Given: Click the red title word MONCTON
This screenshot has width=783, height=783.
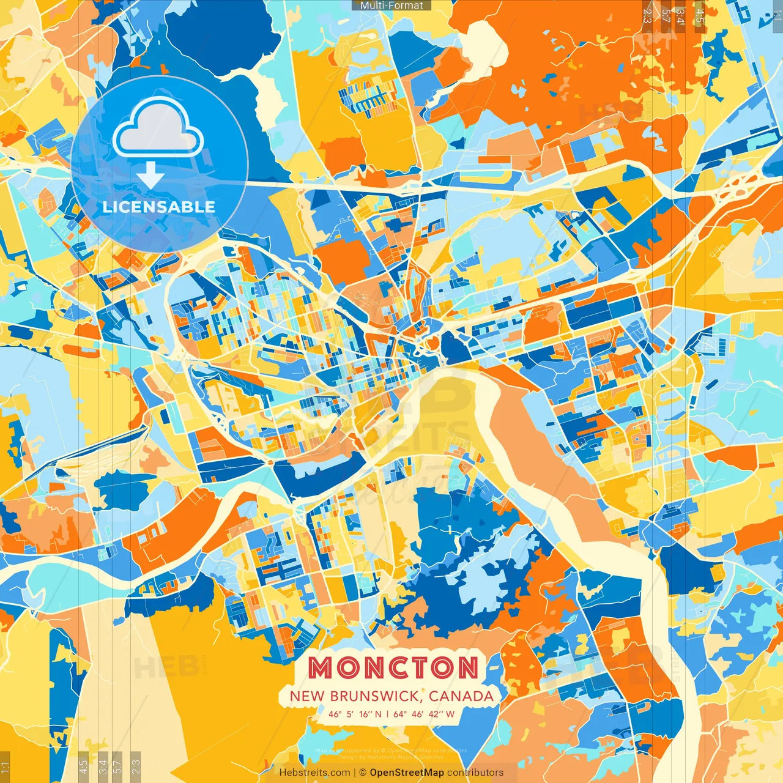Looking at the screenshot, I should (x=393, y=667).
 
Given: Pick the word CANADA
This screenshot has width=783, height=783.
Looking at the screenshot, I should (x=461, y=696).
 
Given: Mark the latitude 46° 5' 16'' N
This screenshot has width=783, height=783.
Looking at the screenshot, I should (x=355, y=714).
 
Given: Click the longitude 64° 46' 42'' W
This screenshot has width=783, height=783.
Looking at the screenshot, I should (x=425, y=714).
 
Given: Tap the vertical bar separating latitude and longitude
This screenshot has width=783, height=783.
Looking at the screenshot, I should (x=387, y=714).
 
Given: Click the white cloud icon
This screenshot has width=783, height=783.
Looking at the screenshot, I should (x=158, y=128).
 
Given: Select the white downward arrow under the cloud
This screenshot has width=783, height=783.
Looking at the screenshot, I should (x=150, y=176).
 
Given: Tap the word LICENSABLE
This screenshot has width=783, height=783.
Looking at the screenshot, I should (x=159, y=207).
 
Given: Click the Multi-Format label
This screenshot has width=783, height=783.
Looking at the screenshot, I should (x=391, y=6).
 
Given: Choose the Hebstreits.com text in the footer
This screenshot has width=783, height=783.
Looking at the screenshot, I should (x=314, y=773).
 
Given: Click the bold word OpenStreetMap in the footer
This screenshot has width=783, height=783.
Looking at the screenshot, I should (x=407, y=773).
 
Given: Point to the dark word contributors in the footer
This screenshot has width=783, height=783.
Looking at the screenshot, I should (x=475, y=773).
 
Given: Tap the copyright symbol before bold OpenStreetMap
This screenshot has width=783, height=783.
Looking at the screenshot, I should (x=363, y=773).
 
